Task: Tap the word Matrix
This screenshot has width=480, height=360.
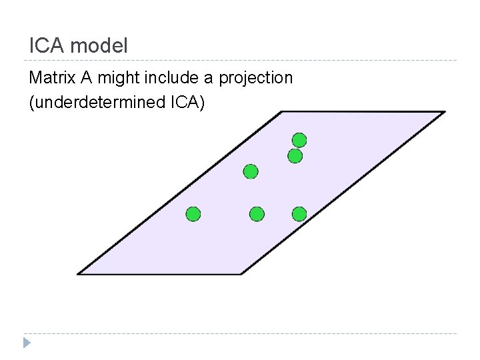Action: point(53,78)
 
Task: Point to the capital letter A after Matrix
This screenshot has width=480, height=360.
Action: point(87,78)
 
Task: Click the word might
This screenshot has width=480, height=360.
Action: point(117,79)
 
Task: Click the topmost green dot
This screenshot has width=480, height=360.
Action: point(299,140)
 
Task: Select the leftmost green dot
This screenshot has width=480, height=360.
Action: point(193,214)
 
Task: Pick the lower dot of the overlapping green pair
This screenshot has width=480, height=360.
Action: point(295,156)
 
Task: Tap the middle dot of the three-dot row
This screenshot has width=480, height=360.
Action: point(257,214)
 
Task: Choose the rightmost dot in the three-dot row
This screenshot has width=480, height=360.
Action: point(299,214)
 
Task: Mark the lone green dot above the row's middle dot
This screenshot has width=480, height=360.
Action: point(250,172)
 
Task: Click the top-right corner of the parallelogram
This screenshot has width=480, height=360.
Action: point(444,112)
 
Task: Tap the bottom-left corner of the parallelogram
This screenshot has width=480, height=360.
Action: point(78,273)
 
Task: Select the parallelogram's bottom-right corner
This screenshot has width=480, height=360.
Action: point(241,273)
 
